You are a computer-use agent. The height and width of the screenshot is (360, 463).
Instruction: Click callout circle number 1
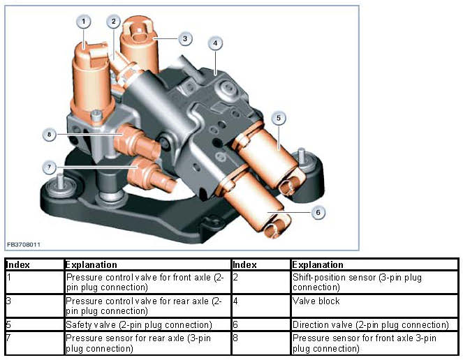coord(84,22)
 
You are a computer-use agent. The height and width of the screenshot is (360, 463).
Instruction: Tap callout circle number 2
coord(113,22)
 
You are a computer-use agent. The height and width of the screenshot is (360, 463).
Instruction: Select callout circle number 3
coord(184,38)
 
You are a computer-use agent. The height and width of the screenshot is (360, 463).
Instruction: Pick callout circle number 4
coord(216,43)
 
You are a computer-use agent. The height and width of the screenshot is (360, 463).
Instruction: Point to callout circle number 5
coord(278,119)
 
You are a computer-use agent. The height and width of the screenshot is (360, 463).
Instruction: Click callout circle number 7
coord(50,167)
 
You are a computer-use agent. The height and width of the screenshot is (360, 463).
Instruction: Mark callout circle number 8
coord(49,134)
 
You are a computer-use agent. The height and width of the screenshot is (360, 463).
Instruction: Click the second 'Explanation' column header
coord(318,265)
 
